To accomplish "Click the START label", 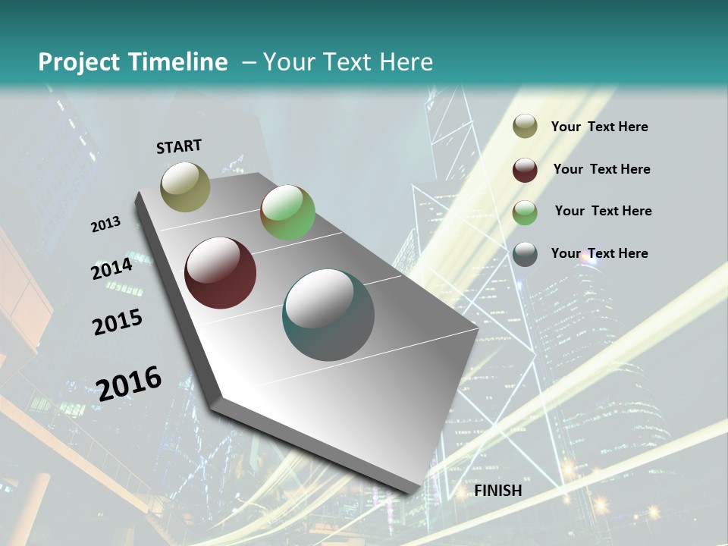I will (179, 146).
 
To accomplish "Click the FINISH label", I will (498, 491).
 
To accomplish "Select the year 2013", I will (105, 224).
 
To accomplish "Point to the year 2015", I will (117, 322).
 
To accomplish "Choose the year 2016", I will (129, 383).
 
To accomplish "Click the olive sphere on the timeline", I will (185, 187).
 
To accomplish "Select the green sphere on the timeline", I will (287, 212).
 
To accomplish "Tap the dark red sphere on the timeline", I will (220, 273).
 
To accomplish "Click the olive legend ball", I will (525, 127).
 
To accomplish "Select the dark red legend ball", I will (525, 170).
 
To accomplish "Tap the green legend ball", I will (525, 212).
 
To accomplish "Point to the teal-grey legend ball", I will (525, 254).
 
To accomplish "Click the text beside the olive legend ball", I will (599, 127).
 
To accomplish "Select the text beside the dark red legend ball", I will (601, 169).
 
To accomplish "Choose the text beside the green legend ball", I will (603, 211).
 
